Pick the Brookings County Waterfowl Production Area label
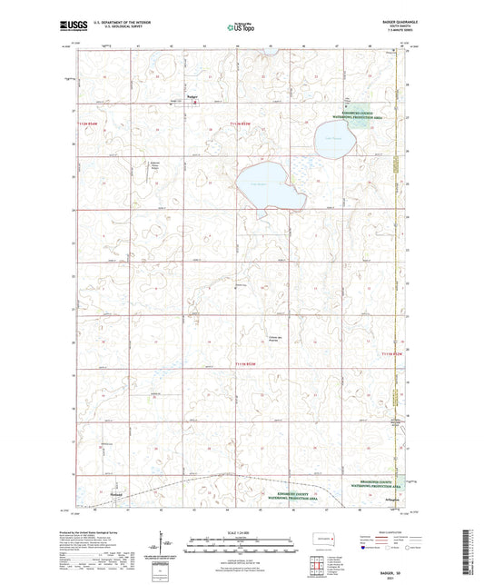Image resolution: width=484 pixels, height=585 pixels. pos(372,482)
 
